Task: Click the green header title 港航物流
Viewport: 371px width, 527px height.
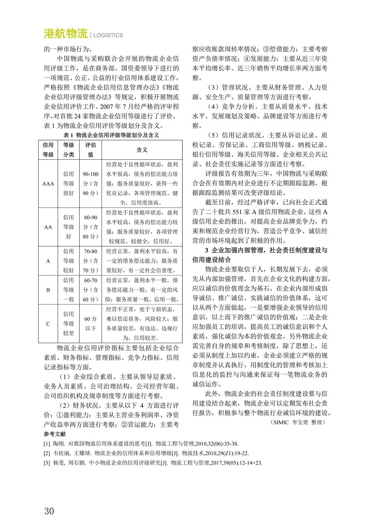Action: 66,34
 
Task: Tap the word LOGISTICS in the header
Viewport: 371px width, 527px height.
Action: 108,35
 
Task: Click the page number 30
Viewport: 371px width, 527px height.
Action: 49,511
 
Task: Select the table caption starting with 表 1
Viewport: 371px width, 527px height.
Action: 111,135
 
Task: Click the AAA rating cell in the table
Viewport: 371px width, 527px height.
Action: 48,184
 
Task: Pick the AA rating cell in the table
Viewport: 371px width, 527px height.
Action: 48,227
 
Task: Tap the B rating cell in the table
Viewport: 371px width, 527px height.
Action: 48,290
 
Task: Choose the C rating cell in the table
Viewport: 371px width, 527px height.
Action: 48,324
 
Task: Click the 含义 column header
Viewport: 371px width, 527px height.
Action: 142,150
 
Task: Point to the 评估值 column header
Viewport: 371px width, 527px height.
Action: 91,150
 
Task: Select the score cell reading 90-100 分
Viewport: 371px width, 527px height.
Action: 91,184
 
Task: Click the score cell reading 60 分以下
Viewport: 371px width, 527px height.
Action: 91,324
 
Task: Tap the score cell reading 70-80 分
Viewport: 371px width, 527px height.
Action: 91,261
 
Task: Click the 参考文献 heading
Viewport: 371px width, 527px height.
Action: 55,434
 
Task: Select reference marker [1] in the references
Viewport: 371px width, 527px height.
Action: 47,444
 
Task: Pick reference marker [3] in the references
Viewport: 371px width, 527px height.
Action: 47,463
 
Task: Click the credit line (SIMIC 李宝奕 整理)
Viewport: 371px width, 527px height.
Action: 298,422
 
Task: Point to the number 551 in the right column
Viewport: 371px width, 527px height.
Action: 238,212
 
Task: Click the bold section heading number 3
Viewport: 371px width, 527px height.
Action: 207,250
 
